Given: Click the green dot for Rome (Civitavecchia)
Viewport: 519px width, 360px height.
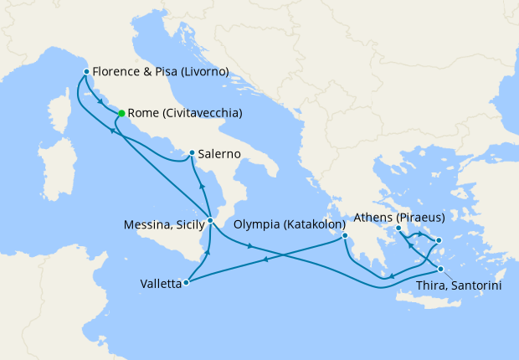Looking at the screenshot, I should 121,113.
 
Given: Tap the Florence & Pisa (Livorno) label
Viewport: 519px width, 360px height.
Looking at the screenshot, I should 161,72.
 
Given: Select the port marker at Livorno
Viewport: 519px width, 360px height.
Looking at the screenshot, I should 86,72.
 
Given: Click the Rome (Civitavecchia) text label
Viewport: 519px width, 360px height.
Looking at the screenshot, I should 186,113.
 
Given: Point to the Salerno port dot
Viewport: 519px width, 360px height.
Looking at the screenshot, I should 192,153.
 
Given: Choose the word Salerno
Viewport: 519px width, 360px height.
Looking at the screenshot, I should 220,154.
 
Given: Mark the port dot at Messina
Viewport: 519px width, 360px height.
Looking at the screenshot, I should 210,221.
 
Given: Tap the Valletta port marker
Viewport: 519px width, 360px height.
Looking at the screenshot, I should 186,283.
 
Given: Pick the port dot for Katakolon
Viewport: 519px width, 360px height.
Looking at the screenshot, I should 345,236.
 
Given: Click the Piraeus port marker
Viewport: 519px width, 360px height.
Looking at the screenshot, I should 398,229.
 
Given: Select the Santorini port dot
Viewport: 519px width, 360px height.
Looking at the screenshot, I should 440,270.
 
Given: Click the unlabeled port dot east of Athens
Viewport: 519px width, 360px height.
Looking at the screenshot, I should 438,241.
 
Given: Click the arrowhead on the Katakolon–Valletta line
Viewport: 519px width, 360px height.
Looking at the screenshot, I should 265,260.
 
